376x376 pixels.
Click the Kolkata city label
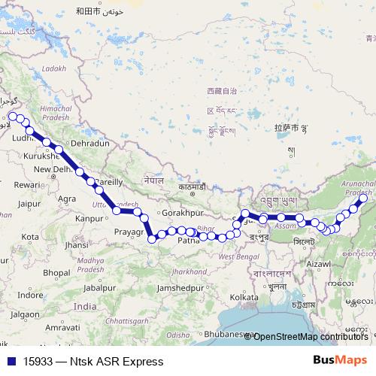point(244,298)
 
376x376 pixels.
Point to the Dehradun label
point(89,143)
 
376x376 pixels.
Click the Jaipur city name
point(29,203)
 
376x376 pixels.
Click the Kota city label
point(30,236)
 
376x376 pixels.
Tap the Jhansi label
point(77,245)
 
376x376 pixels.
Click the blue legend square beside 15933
point(9,361)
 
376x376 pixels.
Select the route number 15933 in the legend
point(38,361)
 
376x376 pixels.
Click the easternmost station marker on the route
point(362,199)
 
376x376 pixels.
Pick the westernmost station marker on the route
point(13,117)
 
